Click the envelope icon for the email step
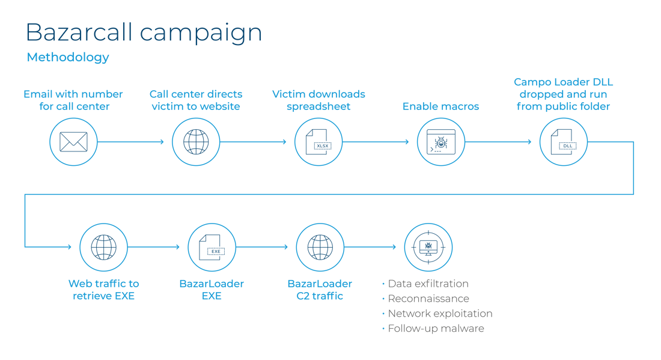coord(73,142)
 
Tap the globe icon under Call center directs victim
coord(196,142)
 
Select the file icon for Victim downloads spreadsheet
coord(318,142)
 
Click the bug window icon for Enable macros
coord(441,142)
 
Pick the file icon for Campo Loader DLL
coord(563,142)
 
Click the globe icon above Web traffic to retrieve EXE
coord(103,247)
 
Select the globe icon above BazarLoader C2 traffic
coord(320,247)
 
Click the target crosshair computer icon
coord(428,247)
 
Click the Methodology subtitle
coord(68,58)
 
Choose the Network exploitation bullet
coord(440,314)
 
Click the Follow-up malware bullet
coord(436,329)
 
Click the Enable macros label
coord(440,107)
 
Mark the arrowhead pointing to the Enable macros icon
coord(408,142)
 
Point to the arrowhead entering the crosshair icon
coord(395,247)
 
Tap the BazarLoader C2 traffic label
coord(320,289)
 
